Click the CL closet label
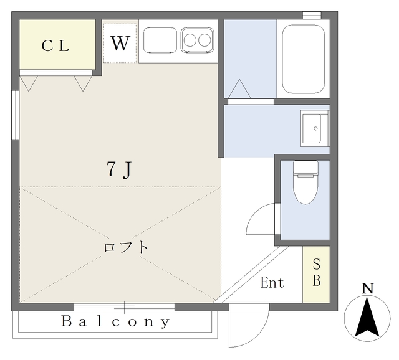pyautogui.click(x=56, y=45)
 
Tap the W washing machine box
pyautogui.click(x=120, y=44)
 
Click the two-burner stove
pyautogui.click(x=198, y=41)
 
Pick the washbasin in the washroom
pyautogui.click(x=314, y=129)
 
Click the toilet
pyautogui.click(x=305, y=182)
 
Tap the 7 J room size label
pyautogui.click(x=118, y=169)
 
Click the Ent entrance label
pyautogui.click(x=272, y=283)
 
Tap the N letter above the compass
pyautogui.click(x=368, y=288)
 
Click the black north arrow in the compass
pyautogui.click(x=368, y=316)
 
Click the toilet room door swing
pyautogui.click(x=260, y=219)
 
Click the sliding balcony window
pyautogui.click(x=124, y=306)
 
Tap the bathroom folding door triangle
pyautogui.click(x=239, y=90)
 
